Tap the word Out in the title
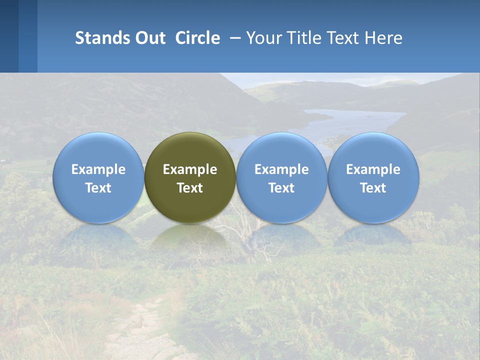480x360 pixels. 149,38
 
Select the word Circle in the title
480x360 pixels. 197,38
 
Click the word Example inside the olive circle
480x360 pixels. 190,169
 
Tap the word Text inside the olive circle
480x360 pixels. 190,188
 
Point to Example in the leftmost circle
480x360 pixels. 98,169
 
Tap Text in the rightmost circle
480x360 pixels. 373,188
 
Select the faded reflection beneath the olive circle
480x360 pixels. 190,237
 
